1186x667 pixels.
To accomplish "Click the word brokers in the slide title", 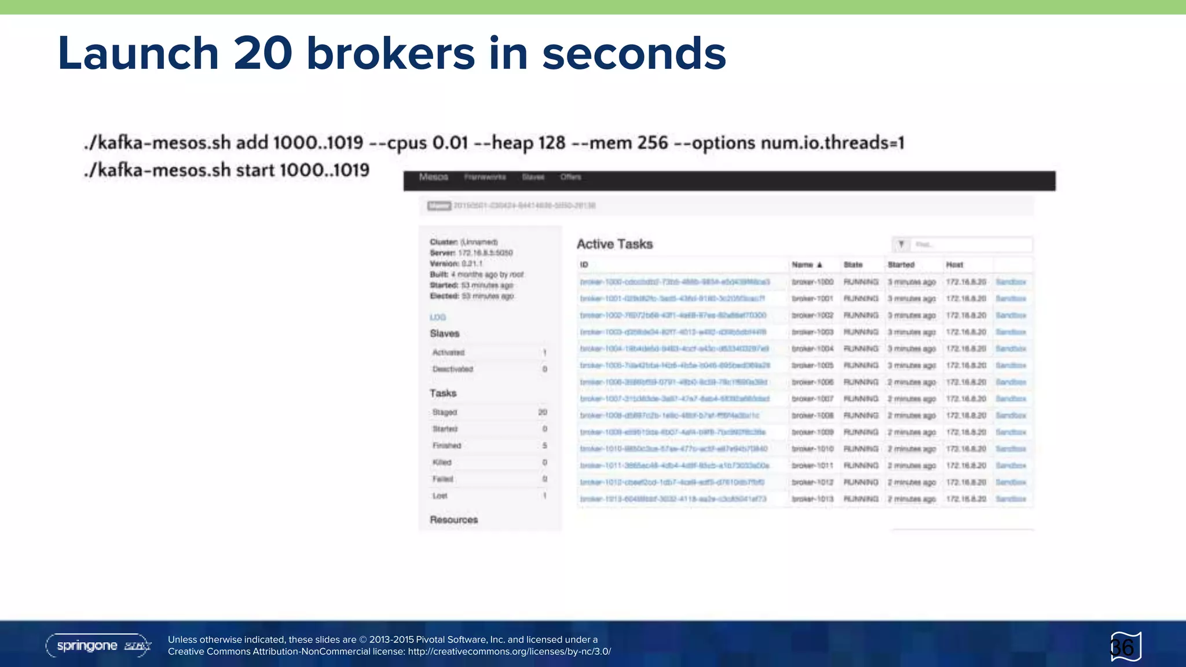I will click(x=391, y=53).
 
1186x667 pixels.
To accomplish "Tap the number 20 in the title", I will click(x=263, y=53).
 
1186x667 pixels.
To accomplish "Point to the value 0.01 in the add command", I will click(x=450, y=142).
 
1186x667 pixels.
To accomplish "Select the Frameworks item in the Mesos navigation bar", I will click(x=485, y=177).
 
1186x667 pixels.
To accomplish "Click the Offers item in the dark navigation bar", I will click(x=570, y=177).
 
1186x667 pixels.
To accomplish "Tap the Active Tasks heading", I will click(x=614, y=244).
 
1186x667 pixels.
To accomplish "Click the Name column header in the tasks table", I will click(x=803, y=265).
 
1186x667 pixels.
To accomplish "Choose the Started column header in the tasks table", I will click(x=901, y=265).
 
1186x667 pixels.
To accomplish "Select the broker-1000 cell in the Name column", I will click(x=812, y=282).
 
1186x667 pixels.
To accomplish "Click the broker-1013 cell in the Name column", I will click(x=812, y=499).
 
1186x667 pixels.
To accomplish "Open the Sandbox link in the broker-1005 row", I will click(x=1011, y=365).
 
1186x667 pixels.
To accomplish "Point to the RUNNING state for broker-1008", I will click(x=861, y=416).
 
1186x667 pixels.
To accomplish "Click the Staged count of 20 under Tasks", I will click(x=542, y=412).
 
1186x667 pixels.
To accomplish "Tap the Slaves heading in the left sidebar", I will click(x=445, y=333).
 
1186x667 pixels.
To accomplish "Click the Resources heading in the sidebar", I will click(x=454, y=520).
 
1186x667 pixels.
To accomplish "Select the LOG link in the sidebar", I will click(x=438, y=317).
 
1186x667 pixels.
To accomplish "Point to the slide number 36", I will click(x=1122, y=647).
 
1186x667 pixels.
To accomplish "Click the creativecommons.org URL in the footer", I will click(x=509, y=651).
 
